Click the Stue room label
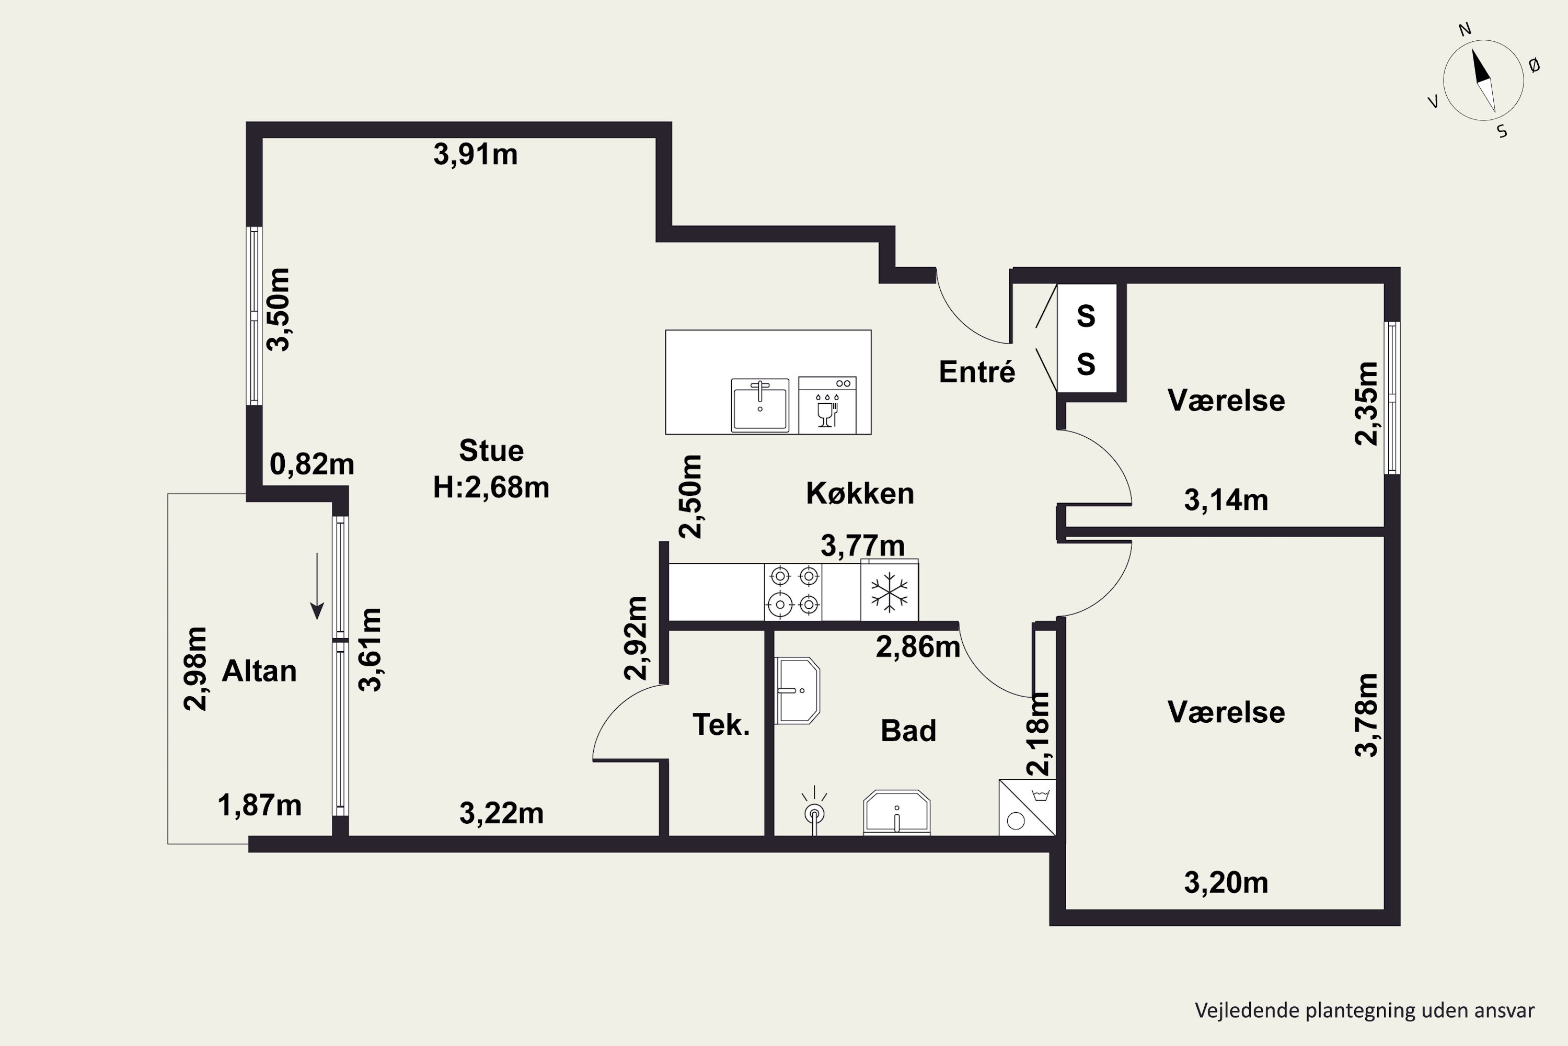click(491, 451)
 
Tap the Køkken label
click(860, 494)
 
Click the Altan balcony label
click(259, 671)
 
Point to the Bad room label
click(908, 731)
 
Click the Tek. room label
click(721, 725)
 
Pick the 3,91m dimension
click(475, 155)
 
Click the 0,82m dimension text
click(312, 464)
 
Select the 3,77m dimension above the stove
click(863, 545)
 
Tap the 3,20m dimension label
click(1226, 883)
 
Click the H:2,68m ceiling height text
click(491, 487)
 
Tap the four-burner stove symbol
click(793, 591)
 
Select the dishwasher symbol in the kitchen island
click(827, 405)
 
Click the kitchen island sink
click(760, 405)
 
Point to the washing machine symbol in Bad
click(1028, 807)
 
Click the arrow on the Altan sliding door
click(317, 586)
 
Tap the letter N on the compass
click(1465, 48)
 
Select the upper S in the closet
click(1086, 316)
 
